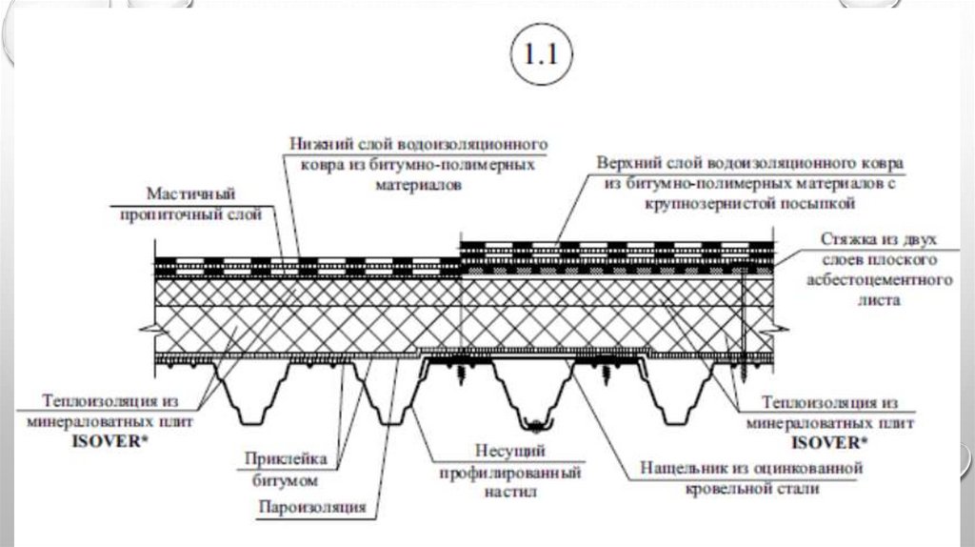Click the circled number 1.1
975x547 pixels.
540,55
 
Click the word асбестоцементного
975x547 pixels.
880,280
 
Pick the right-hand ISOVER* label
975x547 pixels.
830,443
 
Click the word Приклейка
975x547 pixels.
290,459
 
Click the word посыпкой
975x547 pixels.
824,204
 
